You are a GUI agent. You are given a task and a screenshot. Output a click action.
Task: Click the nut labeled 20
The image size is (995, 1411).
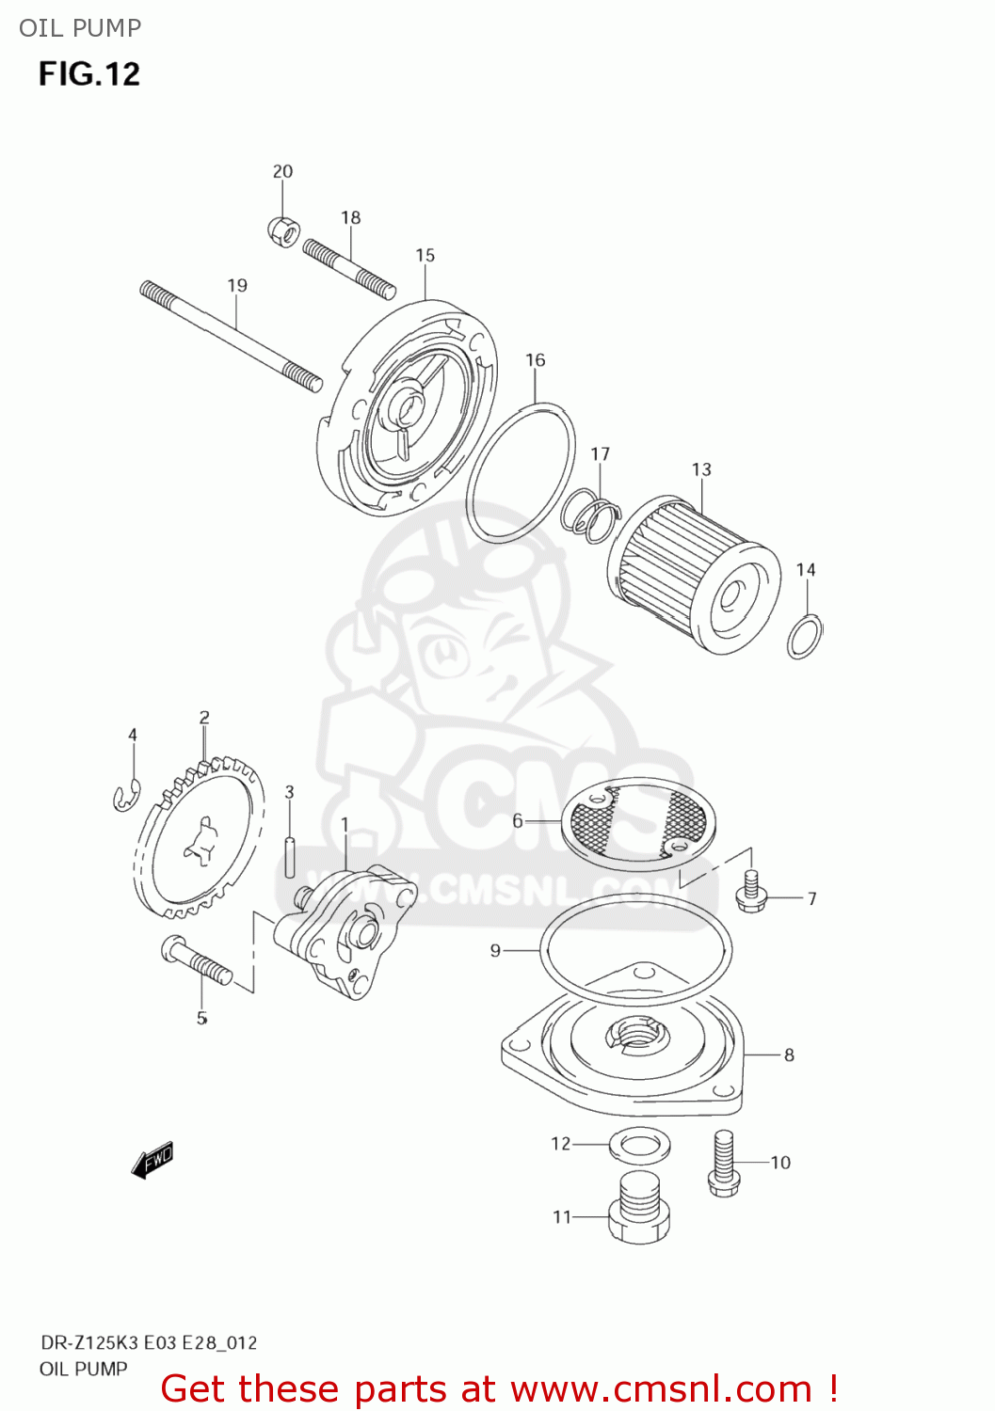click(x=283, y=229)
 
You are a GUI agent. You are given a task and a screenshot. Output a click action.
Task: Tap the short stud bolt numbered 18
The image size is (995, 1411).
click(x=349, y=267)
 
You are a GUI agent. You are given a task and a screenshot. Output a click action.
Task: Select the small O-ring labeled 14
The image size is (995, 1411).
click(x=805, y=637)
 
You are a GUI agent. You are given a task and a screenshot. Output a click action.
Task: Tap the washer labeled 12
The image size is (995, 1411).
click(x=640, y=1145)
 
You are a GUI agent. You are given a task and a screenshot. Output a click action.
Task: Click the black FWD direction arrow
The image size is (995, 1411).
click(x=152, y=1161)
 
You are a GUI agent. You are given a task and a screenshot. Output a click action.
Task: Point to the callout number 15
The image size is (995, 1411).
click(x=425, y=255)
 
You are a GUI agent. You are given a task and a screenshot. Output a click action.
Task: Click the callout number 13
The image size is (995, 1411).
click(x=701, y=469)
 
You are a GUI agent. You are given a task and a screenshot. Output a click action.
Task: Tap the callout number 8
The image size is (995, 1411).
click(x=789, y=1054)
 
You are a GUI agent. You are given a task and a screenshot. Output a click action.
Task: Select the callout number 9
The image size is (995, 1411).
click(x=495, y=951)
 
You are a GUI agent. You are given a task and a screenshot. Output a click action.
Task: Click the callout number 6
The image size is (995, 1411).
click(x=517, y=821)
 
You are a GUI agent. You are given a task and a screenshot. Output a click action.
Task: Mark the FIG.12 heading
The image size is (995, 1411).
click(x=89, y=73)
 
